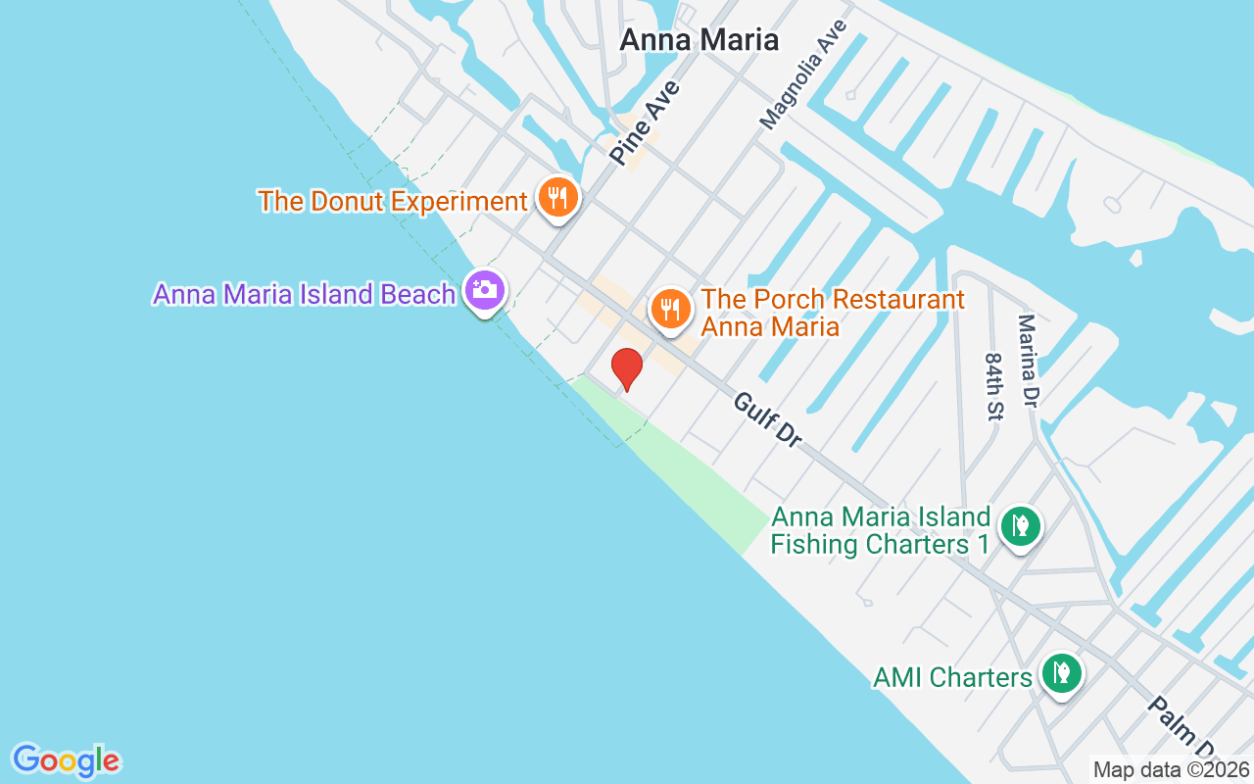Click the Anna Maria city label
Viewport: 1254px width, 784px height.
click(699, 40)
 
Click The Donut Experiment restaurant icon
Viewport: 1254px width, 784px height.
click(558, 199)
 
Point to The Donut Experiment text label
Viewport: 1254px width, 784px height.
click(393, 202)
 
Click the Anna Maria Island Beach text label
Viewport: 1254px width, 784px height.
click(304, 294)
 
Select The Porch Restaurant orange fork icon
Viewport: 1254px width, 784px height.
click(670, 310)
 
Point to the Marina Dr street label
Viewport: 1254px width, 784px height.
click(1030, 361)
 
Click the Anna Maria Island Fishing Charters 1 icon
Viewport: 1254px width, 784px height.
click(1020, 527)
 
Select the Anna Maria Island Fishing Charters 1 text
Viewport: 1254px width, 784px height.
click(880, 530)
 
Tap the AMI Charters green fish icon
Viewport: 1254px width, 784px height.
click(1060, 673)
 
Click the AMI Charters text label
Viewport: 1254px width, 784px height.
click(952, 677)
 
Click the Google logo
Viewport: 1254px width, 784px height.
click(66, 760)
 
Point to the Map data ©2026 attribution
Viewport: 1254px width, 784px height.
click(1172, 770)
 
